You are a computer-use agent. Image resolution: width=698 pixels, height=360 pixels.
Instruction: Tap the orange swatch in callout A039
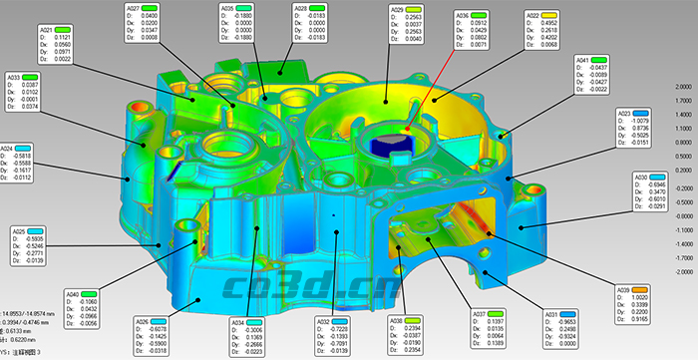click(x=653, y=290)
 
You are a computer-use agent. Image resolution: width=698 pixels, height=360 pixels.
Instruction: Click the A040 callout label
click(x=73, y=294)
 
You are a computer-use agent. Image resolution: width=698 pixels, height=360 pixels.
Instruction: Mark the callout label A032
click(x=324, y=321)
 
